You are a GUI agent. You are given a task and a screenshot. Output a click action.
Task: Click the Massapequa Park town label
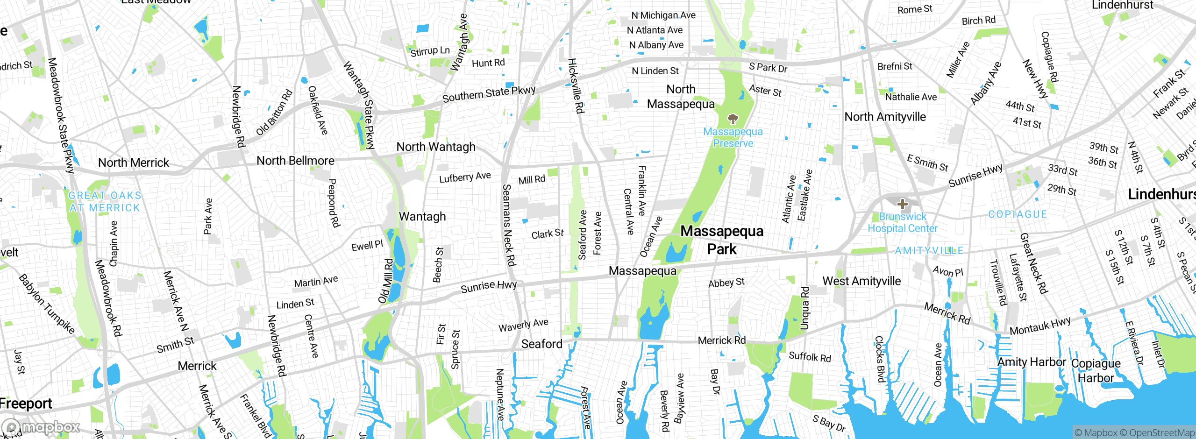[x=722, y=240]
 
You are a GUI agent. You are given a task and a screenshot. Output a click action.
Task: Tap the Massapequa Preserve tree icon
[x=733, y=119]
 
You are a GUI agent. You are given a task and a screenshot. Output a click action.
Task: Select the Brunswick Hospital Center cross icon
[x=903, y=204]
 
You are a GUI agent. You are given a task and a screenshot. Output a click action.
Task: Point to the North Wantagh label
[x=435, y=147]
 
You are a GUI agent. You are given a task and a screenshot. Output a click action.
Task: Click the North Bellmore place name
[x=295, y=161]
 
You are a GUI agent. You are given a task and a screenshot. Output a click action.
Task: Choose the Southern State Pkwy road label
[x=489, y=93]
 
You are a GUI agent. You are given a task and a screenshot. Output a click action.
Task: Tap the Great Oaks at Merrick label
[x=105, y=202]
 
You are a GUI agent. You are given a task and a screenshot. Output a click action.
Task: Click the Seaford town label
[x=541, y=344]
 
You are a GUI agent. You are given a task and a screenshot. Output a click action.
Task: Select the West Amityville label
[x=861, y=281]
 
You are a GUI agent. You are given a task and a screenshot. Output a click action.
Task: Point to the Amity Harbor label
[x=1032, y=362]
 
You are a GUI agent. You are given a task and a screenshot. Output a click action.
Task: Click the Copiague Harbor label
[x=1096, y=370]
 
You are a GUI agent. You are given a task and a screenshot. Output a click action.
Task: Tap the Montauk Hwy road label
[x=1040, y=326]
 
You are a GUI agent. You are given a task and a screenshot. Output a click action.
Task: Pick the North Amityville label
[x=885, y=117]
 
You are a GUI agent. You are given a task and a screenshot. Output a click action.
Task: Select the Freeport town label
[x=26, y=404]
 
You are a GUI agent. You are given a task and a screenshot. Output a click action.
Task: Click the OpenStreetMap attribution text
[x=1161, y=433]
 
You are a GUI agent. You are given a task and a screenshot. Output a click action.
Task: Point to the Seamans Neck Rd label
[x=508, y=225]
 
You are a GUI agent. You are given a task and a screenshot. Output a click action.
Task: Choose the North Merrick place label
[x=134, y=163]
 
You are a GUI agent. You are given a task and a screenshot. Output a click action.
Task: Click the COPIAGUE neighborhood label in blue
[x=1018, y=214]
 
